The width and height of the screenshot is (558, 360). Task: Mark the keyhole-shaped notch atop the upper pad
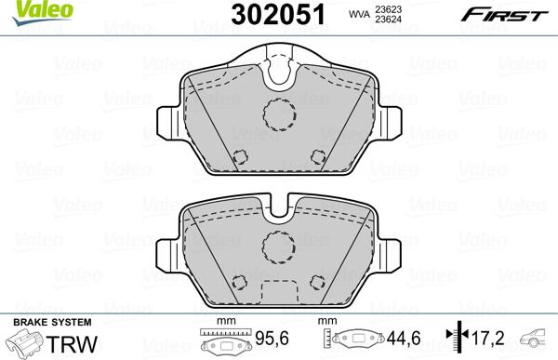click(277, 69)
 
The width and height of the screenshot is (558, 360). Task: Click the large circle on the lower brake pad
click(277, 247)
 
